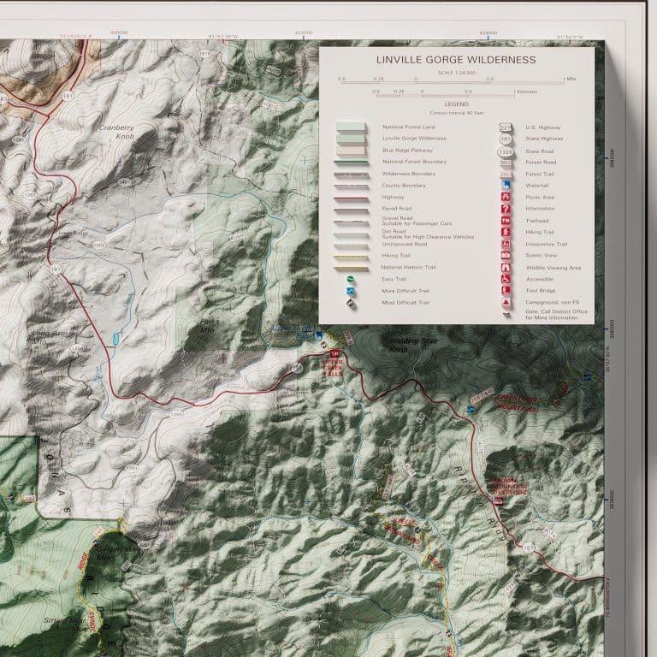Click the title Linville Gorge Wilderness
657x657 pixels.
[456, 60]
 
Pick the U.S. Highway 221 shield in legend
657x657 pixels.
[506, 127]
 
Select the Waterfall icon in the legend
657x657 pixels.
[506, 185]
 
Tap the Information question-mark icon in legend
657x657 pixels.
[506, 209]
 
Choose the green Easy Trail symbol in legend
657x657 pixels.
[351, 279]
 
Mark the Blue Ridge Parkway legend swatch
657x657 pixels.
[351, 149]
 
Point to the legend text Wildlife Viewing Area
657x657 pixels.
[553, 268]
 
